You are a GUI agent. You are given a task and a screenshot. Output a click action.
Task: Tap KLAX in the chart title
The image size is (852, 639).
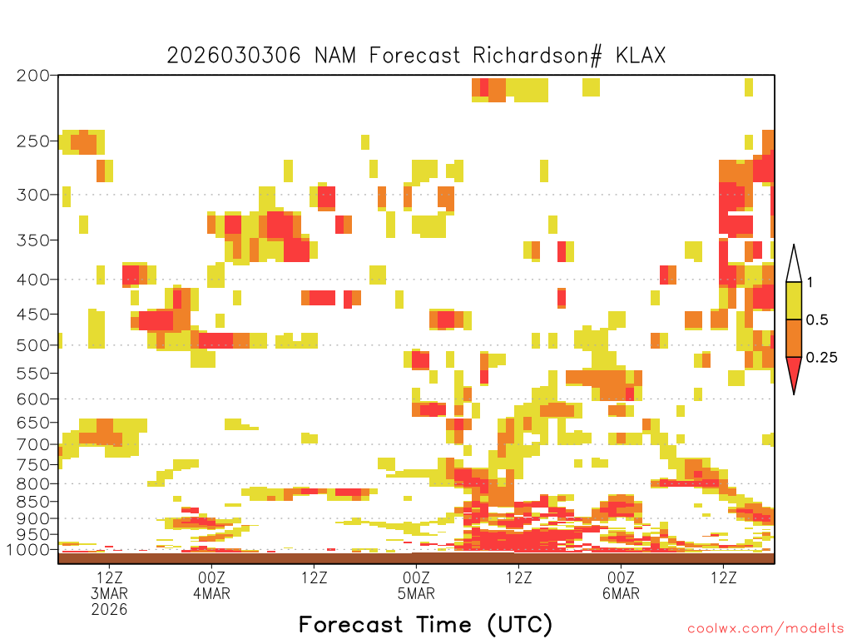641,56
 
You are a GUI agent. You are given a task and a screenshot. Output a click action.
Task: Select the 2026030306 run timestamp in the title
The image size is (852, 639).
234,56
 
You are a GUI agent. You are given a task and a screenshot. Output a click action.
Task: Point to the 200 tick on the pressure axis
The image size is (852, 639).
33,76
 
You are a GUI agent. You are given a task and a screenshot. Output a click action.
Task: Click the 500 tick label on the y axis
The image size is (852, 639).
33,345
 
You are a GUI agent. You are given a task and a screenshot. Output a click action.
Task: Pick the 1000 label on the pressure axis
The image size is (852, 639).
27,550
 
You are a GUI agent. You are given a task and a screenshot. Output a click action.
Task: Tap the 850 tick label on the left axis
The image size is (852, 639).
33,502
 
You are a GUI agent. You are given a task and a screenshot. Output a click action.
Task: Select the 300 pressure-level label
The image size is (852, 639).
33,195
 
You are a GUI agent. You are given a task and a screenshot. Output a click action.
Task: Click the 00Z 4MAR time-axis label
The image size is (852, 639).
211,585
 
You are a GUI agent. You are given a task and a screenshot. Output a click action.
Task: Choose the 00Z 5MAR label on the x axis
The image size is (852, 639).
416,585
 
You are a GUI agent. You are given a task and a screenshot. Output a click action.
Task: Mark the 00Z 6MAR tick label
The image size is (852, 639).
621,585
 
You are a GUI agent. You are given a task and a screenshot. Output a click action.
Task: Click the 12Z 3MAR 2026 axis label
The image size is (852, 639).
109,593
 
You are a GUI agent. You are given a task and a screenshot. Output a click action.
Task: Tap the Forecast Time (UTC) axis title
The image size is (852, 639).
425,625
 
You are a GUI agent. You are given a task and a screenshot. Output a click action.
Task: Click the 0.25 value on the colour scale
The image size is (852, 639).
821,358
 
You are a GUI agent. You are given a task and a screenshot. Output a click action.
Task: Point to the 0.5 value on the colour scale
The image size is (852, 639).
817,320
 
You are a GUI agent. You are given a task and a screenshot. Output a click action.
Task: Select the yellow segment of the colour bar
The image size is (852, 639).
794,300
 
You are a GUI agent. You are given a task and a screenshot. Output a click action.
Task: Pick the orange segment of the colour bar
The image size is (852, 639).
794,338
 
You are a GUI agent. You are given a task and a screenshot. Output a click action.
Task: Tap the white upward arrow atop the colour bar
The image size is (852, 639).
794,267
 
